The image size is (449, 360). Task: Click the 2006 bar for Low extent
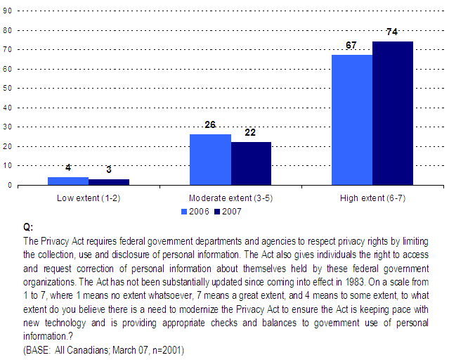click(x=68, y=181)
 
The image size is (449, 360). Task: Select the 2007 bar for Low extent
click(x=109, y=182)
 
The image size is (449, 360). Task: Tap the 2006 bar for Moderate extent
click(x=210, y=160)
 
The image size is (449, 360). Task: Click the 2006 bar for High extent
click(x=351, y=120)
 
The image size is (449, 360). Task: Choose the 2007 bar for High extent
click(x=392, y=113)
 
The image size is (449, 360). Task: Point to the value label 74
click(x=392, y=32)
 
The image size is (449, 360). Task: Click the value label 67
click(x=351, y=46)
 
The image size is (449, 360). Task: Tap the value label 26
click(x=210, y=125)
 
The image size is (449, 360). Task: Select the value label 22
click(x=251, y=133)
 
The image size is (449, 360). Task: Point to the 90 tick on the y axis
click(x=7, y=30)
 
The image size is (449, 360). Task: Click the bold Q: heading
click(x=28, y=228)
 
